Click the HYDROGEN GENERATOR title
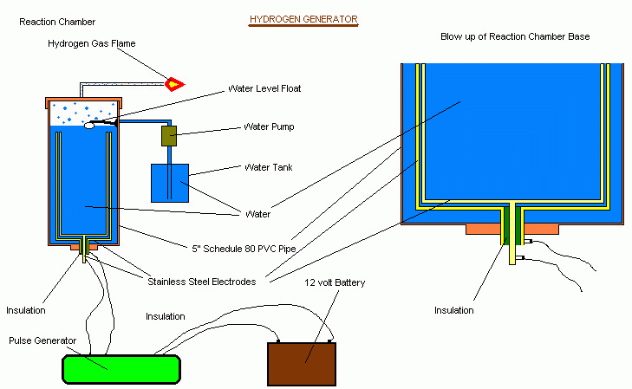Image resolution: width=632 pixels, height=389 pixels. pyautogui.click(x=303, y=18)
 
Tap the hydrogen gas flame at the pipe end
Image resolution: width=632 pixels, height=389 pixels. pyautogui.click(x=176, y=84)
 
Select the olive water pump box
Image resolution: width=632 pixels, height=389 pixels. pyautogui.click(x=169, y=135)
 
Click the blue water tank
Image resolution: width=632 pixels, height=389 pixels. pyautogui.click(x=176, y=183)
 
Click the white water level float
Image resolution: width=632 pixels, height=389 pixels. pyautogui.click(x=89, y=125)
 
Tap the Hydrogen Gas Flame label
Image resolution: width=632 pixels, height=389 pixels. pyautogui.click(x=92, y=43)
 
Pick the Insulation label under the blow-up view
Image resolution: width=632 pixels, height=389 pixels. pyautogui.click(x=454, y=309)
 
